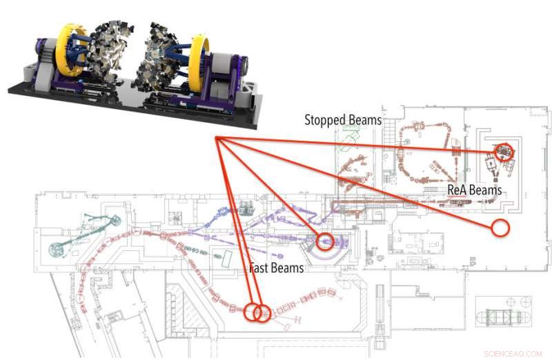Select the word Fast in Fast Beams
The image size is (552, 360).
[260, 268]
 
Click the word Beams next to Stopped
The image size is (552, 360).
[366, 120]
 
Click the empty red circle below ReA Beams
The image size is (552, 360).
[500, 227]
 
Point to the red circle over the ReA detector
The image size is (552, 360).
[504, 150]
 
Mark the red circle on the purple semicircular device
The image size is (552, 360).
[325, 241]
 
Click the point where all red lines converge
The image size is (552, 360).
[217, 138]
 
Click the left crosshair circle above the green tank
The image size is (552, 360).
[511, 301]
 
